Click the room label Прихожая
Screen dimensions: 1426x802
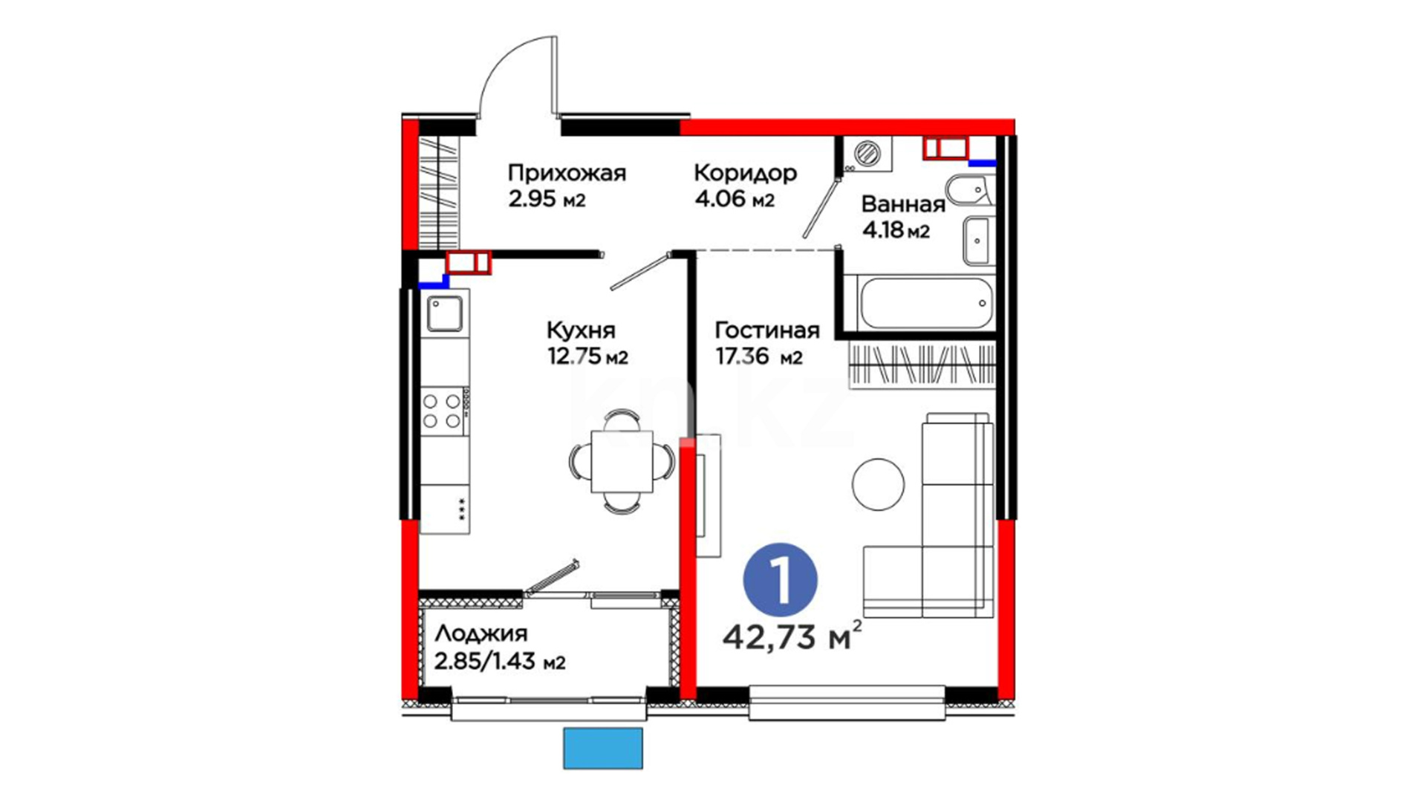pos(567,173)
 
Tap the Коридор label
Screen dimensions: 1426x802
pos(745,173)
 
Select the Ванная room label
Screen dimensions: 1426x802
pos(903,203)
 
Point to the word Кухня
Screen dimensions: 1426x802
pos(581,330)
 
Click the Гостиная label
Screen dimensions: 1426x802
pos(767,330)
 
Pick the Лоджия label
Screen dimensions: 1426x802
pos(481,633)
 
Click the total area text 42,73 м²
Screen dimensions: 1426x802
pos(792,636)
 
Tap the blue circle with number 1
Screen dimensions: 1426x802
pos(781,580)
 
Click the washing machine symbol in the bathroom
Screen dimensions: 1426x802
pos(867,154)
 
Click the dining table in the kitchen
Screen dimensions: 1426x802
pos(622,461)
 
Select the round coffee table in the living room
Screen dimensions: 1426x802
pos(878,484)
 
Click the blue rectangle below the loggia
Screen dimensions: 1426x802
pos(602,748)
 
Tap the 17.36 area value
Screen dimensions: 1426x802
pos(743,357)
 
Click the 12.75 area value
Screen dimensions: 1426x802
pos(574,357)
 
